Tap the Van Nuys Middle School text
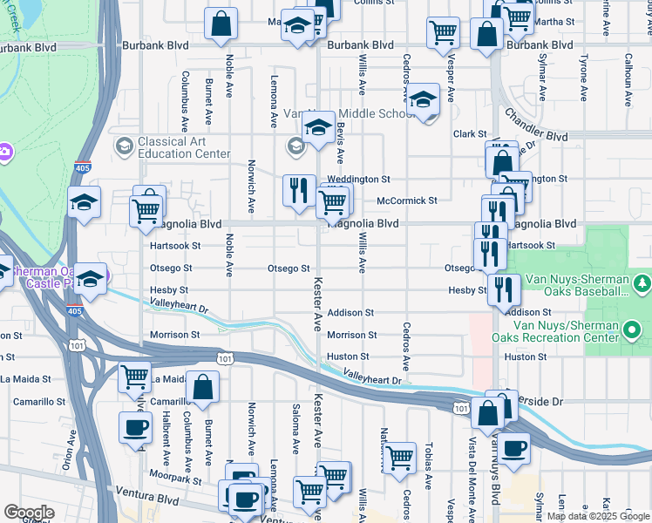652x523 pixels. [349, 114]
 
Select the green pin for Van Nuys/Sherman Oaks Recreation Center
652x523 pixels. [634, 329]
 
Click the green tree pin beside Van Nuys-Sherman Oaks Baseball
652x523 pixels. [642, 282]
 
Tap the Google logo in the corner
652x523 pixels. [29, 513]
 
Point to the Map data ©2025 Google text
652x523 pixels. [598, 516]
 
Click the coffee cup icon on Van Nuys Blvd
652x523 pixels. [513, 448]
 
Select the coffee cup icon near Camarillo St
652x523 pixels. [135, 427]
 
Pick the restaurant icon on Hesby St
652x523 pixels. [504, 289]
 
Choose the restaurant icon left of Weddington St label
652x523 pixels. [299, 189]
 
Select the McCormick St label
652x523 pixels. [406, 200]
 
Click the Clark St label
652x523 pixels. [469, 133]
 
